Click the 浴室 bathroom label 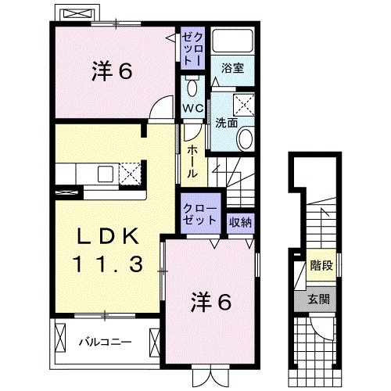tap(234, 67)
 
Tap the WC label tap(193, 106)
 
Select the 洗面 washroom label tap(227, 122)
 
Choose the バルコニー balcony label tap(104, 342)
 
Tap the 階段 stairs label tap(321, 266)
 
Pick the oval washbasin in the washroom tap(246, 139)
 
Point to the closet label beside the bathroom tap(192, 49)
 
